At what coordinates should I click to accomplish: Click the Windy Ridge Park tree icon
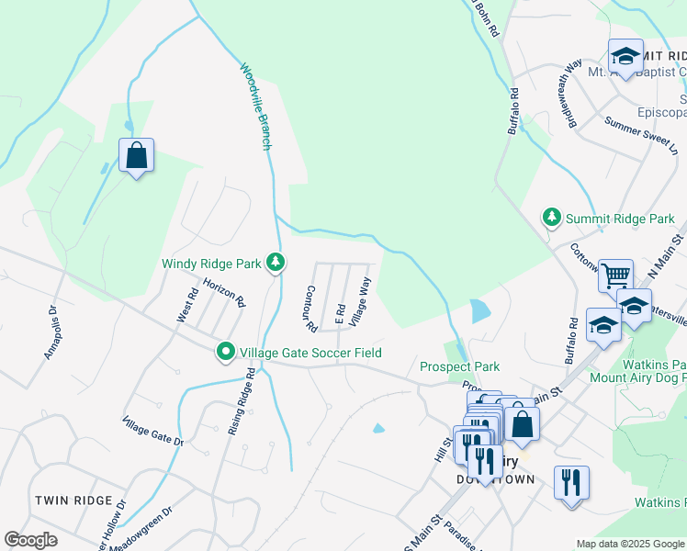275,264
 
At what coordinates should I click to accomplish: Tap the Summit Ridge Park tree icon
552,219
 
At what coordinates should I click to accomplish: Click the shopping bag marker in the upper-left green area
136,156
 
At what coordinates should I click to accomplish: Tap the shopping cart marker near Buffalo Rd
615,274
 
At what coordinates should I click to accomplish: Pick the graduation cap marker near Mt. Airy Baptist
625,57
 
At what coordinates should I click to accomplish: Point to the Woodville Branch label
256,106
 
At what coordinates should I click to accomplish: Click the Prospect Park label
459,366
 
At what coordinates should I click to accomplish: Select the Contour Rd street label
310,308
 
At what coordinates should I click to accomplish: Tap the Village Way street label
360,300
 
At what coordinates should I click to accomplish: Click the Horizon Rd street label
224,293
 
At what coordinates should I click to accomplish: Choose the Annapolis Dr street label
51,332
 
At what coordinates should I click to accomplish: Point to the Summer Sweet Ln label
641,136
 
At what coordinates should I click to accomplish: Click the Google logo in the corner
30,540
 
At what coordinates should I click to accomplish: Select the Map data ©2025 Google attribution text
630,544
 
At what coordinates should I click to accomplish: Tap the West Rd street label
186,306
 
